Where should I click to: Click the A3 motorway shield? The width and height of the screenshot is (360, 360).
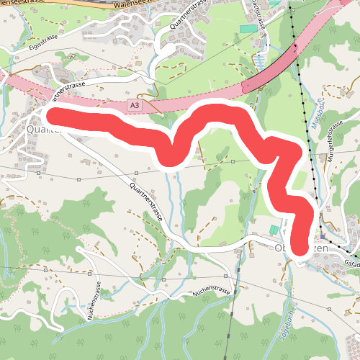[134, 106]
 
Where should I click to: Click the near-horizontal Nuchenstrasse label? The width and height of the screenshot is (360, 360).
[210, 293]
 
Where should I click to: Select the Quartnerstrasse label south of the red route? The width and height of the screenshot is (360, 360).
[147, 201]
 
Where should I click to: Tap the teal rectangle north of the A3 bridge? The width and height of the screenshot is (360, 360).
[247, 28]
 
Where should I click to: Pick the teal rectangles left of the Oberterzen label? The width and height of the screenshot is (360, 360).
[274, 230]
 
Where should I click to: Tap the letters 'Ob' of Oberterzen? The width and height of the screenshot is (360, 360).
[282, 248]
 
